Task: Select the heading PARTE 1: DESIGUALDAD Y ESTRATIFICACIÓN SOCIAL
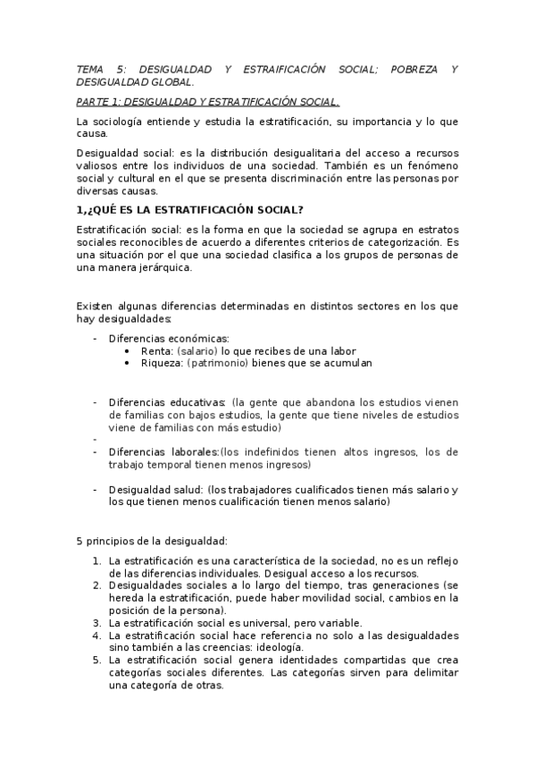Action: pyautogui.click(x=208, y=102)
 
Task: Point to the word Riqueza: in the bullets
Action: pyautogui.click(x=162, y=363)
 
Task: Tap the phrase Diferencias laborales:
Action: pyautogui.click(x=163, y=451)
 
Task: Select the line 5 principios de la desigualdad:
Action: pyautogui.click(x=152, y=541)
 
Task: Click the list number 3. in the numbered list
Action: pyautogui.click(x=97, y=622)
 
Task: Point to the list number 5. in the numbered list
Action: pyautogui.click(x=97, y=660)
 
